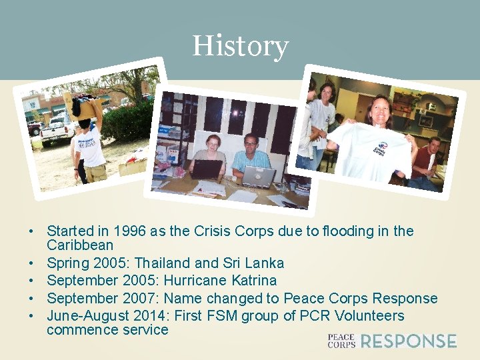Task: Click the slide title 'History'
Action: (x=240, y=47)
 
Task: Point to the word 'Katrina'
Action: (x=252, y=281)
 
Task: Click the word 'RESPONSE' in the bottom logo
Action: (x=408, y=341)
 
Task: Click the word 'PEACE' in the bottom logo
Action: (x=341, y=337)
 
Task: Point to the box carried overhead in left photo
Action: (x=83, y=105)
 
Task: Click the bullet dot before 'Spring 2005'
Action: (x=31, y=263)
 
